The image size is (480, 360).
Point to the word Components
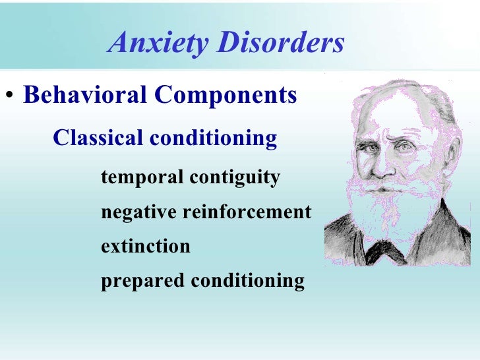(225, 96)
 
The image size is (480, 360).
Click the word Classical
(98, 138)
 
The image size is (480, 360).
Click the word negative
(138, 212)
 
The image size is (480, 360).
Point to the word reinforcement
(247, 212)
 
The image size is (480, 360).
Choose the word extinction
(145, 247)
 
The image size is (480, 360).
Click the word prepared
(142, 282)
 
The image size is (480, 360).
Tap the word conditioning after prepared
(248, 282)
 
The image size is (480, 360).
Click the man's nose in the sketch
(391, 164)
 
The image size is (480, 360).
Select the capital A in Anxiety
(119, 44)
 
